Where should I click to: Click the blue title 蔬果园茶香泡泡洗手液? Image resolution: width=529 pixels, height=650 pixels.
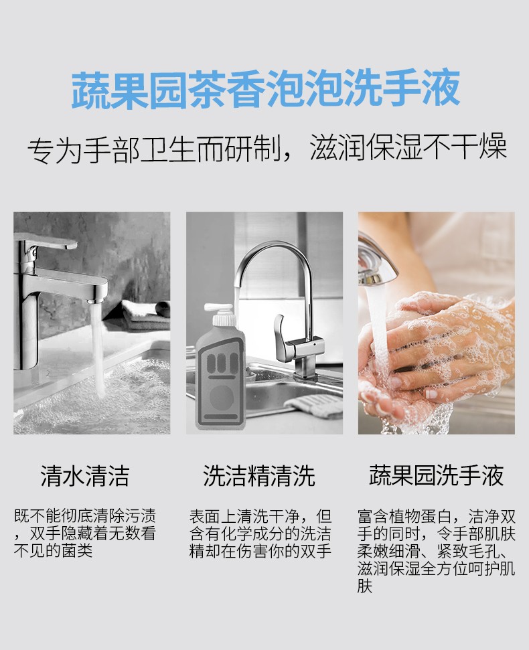265,90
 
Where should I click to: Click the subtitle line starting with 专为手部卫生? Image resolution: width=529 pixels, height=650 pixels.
267,148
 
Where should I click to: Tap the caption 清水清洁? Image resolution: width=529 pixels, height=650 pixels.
85,475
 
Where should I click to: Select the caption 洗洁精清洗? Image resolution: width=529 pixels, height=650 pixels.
259,475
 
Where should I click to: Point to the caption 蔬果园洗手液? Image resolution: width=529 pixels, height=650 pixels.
436,475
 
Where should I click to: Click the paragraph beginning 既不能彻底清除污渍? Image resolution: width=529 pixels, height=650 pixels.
85,534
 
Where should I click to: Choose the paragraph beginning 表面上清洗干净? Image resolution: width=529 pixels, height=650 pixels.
260,534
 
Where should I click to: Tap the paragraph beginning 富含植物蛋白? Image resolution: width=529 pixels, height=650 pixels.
436,551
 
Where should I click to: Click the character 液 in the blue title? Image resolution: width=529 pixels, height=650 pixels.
441,90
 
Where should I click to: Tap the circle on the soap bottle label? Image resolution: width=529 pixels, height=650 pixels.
221,397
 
